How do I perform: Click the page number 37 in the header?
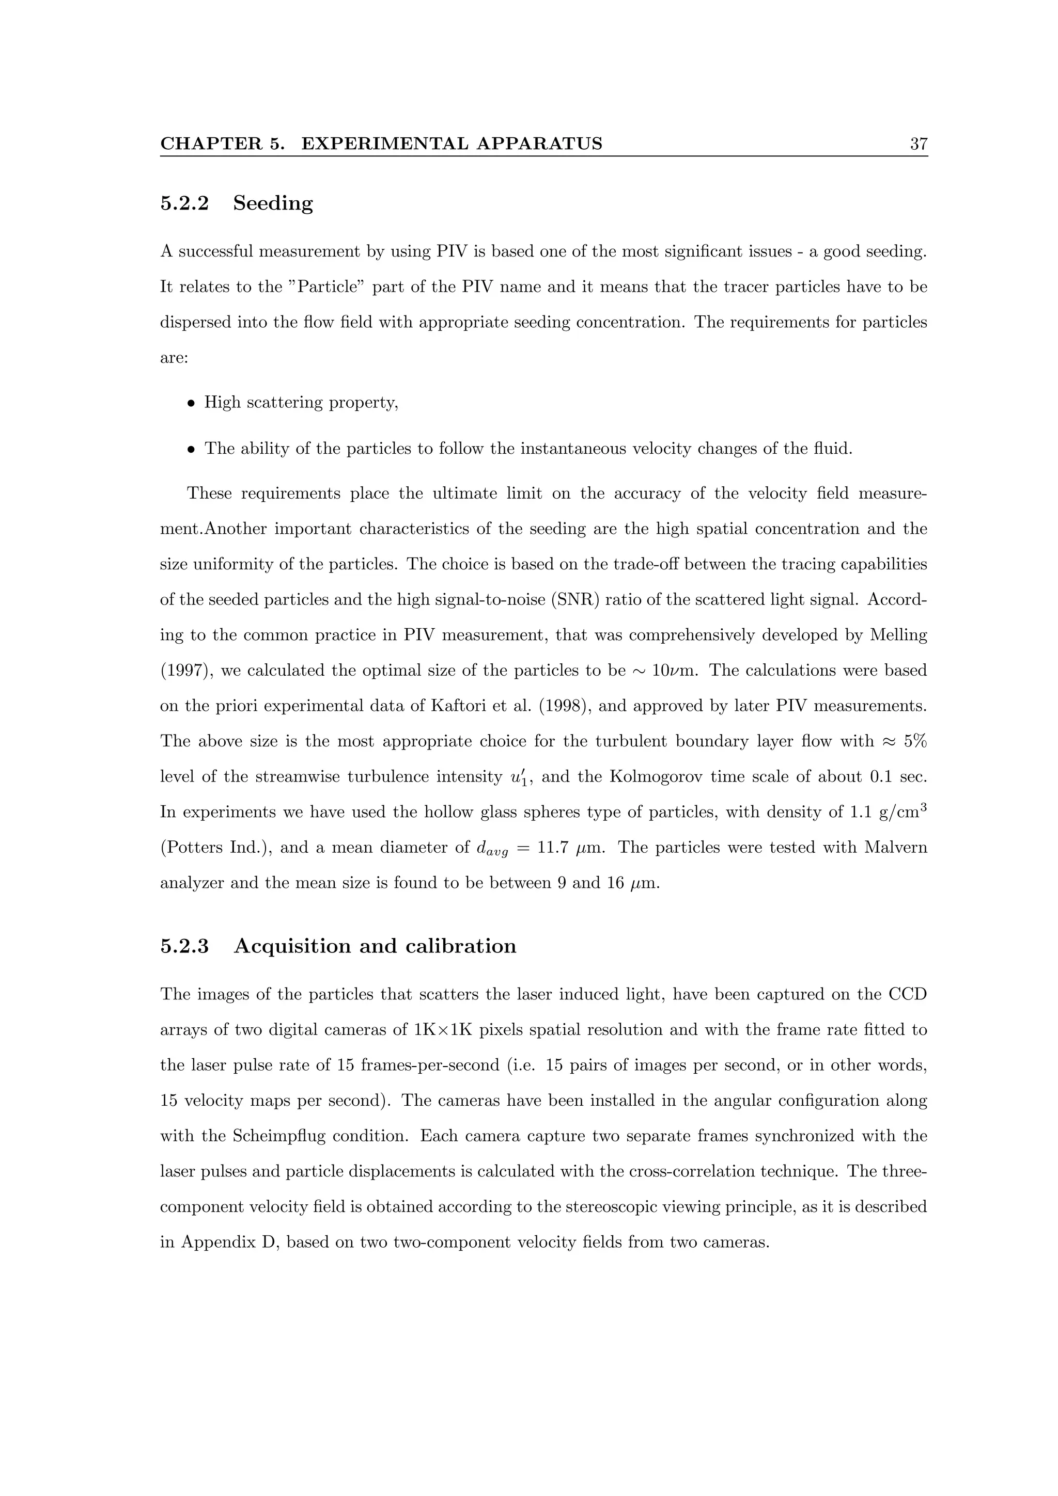(x=918, y=144)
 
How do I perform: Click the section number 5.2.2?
(x=184, y=203)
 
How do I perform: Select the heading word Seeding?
(x=273, y=204)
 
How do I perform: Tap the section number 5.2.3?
(x=184, y=946)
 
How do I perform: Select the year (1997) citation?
(x=186, y=671)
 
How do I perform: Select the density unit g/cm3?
(x=898, y=812)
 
